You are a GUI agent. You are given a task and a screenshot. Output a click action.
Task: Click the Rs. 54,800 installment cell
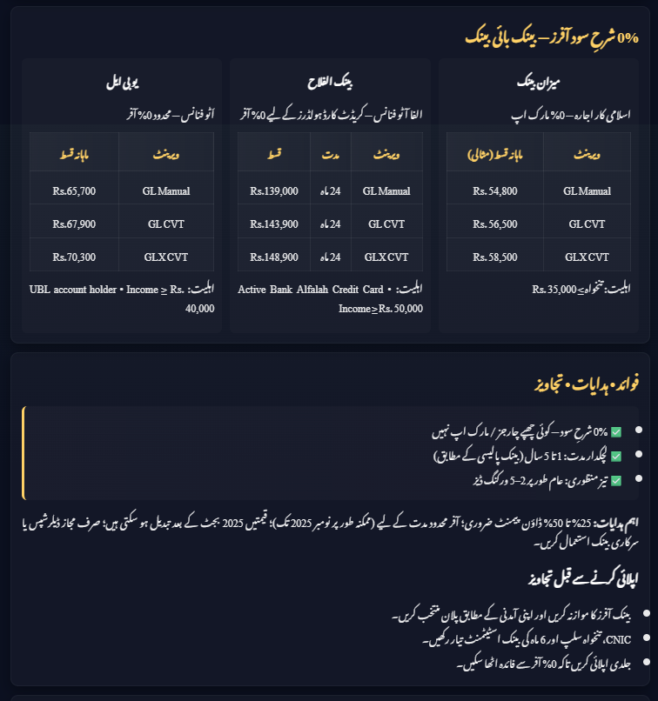click(494, 191)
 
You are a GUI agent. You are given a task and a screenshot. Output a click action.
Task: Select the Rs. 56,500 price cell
click(494, 224)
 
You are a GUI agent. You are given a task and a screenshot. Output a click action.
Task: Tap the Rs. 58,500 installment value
click(494, 257)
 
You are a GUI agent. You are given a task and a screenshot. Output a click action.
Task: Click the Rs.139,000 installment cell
click(273, 191)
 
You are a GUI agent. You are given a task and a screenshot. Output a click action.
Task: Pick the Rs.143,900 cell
click(273, 224)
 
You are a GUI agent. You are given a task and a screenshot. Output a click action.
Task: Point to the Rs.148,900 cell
click(273, 257)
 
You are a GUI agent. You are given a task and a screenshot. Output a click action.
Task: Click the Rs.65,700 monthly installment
click(74, 191)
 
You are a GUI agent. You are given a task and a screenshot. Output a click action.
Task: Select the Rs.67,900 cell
click(74, 224)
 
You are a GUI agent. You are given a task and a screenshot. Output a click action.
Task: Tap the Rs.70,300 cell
click(74, 257)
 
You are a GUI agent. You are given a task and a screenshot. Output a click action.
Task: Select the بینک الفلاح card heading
click(331, 84)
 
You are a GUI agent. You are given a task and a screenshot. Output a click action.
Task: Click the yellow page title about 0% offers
click(551, 38)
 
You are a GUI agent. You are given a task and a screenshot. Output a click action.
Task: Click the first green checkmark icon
click(616, 431)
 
